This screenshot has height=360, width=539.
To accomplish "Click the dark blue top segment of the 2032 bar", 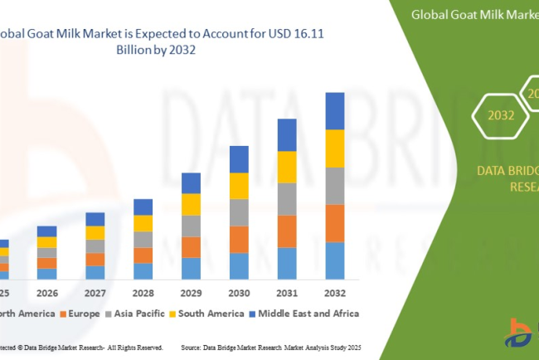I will coord(334,110).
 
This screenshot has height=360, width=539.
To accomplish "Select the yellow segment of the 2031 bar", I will coord(286,167).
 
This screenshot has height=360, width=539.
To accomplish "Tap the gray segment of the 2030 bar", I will coord(239,212).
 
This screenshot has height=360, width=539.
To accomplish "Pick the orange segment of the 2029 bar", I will coord(191,247).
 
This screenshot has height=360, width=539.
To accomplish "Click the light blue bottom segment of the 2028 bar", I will coord(143,270).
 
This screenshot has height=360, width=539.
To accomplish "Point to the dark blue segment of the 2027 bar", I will coord(95,219).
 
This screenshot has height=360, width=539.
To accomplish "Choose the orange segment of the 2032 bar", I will coord(334,223).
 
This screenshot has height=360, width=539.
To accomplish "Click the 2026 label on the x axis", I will coord(47,293).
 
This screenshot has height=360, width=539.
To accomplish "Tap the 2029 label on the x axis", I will coord(191,293).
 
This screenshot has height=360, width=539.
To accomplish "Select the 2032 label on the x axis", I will coord(334,293).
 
